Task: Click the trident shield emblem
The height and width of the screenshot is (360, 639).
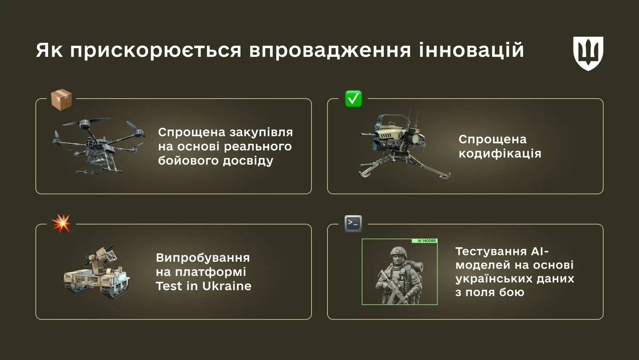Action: click(588, 53)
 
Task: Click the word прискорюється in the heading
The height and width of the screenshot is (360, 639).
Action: click(155, 50)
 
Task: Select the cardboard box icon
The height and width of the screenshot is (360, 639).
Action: click(61, 100)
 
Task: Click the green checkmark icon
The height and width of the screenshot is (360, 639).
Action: click(353, 99)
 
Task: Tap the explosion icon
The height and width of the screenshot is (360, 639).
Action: click(61, 223)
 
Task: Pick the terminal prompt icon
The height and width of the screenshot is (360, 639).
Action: click(353, 223)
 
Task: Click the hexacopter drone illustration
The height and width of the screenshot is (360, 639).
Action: click(99, 146)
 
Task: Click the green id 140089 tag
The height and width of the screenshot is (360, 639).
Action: click(425, 241)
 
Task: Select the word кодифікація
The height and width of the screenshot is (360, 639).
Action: click(500, 154)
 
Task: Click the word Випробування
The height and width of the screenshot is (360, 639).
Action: click(203, 258)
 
